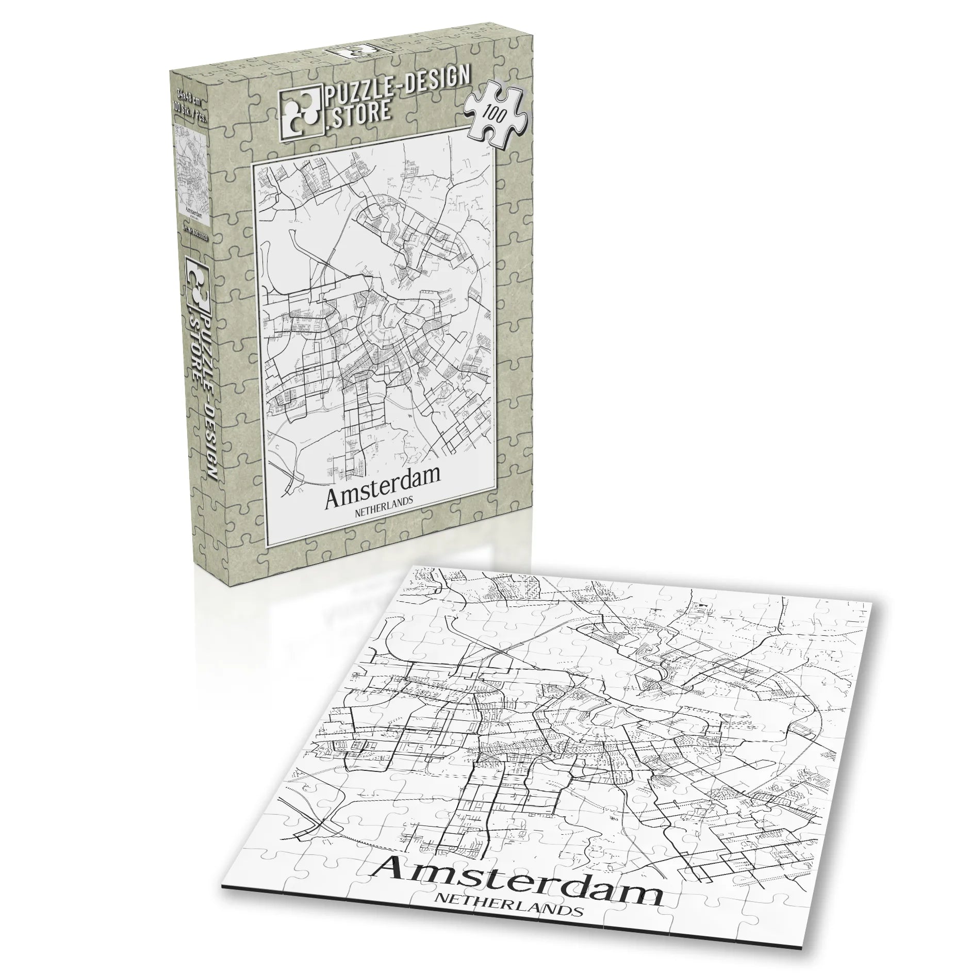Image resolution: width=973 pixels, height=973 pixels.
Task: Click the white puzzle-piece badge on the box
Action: click(495, 111)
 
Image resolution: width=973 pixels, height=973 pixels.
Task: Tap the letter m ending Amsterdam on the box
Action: click(428, 476)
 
